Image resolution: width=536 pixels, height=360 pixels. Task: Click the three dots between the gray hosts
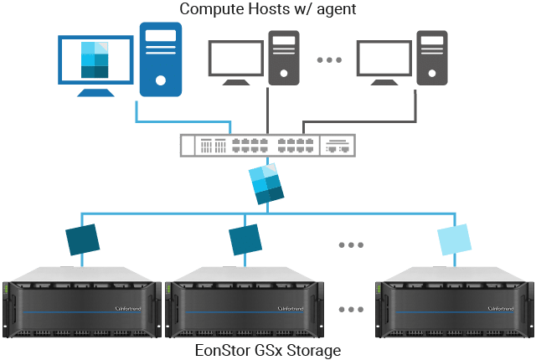tap(329, 60)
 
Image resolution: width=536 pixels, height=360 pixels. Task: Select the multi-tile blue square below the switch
tap(265, 184)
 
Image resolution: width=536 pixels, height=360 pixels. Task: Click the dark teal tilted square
tap(84, 239)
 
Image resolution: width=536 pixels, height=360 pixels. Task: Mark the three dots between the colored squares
tap(350, 244)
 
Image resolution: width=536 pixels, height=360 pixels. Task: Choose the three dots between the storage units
tap(350, 309)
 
